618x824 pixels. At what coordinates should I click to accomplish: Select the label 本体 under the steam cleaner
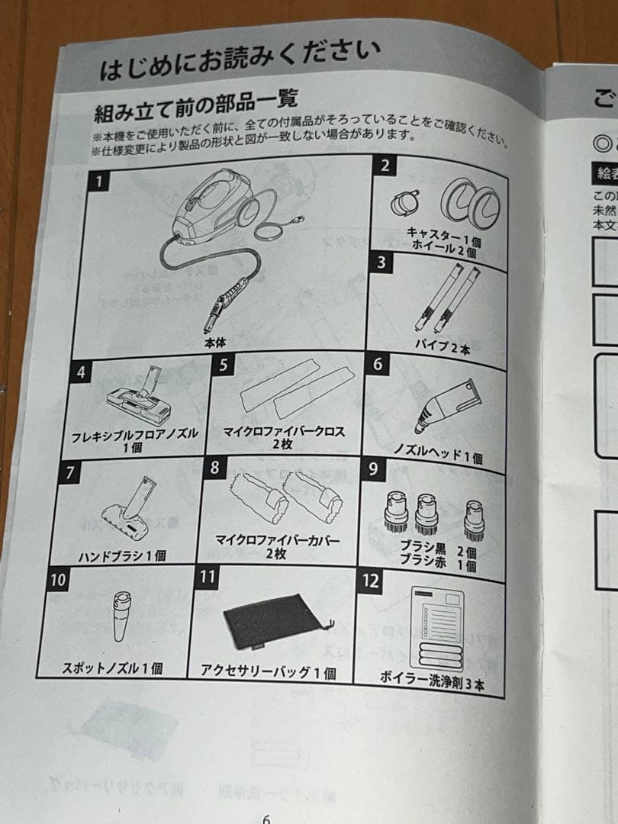(215, 343)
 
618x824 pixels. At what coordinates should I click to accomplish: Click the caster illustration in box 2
(404, 202)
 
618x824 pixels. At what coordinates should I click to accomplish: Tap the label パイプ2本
(443, 345)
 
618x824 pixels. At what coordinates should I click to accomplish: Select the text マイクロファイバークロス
(284, 432)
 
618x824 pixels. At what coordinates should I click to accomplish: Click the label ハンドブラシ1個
(123, 555)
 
